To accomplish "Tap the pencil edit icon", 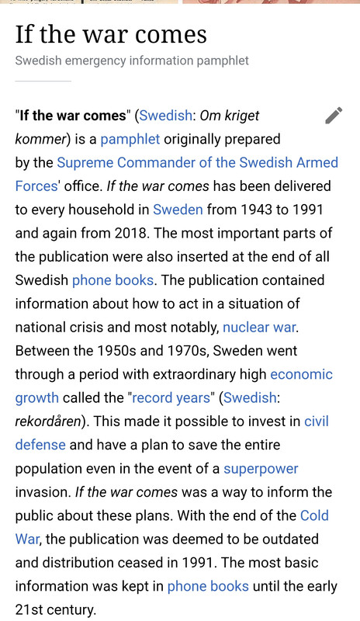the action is pyautogui.click(x=334, y=116).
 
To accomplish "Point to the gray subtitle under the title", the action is pyautogui.click(x=132, y=60).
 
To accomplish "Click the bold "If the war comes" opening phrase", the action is pyautogui.click(x=73, y=116).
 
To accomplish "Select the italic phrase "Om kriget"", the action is pyautogui.click(x=230, y=116).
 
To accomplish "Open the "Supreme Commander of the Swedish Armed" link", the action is pyautogui.click(x=198, y=162).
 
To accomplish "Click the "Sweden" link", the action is pyautogui.click(x=178, y=210).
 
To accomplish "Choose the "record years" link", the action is pyautogui.click(x=171, y=397).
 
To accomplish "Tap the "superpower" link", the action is pyautogui.click(x=261, y=469).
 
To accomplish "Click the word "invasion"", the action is pyautogui.click(x=43, y=492).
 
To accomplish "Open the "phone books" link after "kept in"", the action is pyautogui.click(x=208, y=586).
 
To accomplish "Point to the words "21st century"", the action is pyautogui.click(x=55, y=609).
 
